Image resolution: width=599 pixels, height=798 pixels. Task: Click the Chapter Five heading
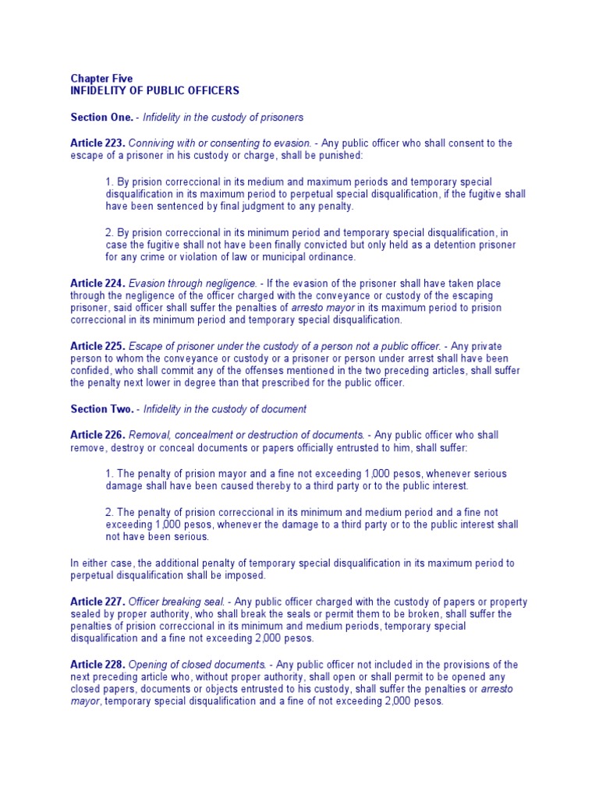click(101, 79)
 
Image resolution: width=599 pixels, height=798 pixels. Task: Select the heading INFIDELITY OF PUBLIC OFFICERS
click(154, 90)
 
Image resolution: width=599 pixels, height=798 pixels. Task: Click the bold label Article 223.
click(97, 143)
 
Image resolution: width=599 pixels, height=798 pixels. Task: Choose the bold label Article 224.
click(97, 284)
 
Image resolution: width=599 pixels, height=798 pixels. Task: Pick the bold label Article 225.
click(97, 345)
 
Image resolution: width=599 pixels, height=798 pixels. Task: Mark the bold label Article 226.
click(97, 435)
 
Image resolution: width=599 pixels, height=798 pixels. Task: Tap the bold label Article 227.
click(97, 602)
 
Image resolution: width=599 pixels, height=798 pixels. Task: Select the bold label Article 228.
click(97, 664)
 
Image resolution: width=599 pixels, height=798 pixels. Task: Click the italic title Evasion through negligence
click(193, 284)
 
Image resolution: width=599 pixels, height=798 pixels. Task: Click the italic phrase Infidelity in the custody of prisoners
click(223, 117)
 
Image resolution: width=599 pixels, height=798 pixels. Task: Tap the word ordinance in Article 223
click(333, 256)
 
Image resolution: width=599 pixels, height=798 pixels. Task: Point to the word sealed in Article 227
click(86, 614)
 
